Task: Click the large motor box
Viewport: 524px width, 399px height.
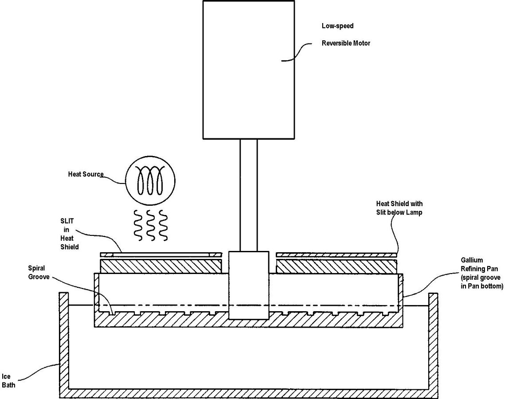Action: pos(249,70)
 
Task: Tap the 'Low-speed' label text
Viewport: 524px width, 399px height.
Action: pos(337,26)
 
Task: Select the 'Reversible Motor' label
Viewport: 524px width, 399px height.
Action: pos(346,43)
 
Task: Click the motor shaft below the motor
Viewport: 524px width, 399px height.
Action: pos(249,195)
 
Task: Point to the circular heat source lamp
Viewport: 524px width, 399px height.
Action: pos(150,180)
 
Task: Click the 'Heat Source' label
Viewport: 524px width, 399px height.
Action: pos(86,174)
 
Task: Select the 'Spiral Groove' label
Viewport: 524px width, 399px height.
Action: pos(39,272)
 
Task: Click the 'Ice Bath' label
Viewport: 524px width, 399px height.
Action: pos(8,381)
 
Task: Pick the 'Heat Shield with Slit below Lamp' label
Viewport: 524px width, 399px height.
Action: pos(399,208)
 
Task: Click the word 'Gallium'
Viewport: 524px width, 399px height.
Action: pos(472,260)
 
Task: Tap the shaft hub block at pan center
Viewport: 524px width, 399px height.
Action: pos(249,286)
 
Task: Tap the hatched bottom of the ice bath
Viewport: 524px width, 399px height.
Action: pos(249,394)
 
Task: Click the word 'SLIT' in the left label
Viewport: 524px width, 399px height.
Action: pos(67,221)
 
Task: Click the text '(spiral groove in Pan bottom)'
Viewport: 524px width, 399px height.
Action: pos(482,282)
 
